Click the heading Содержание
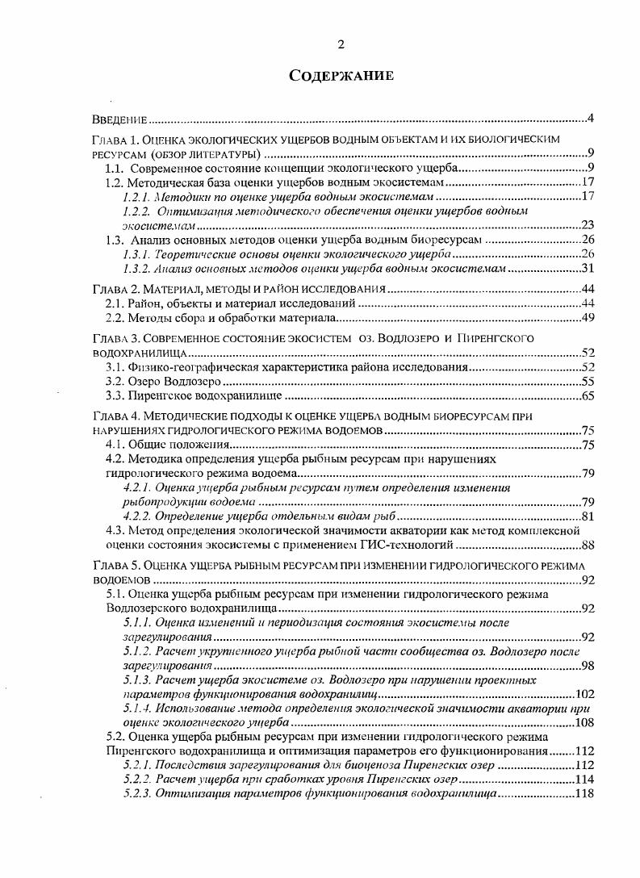pos(341,77)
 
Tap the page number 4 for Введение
pos(591,120)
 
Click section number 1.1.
pos(116,168)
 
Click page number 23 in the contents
pos(587,225)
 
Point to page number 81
pos(587,516)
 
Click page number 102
pos(584,694)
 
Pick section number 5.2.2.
pos(137,780)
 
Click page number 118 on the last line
pos(584,794)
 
